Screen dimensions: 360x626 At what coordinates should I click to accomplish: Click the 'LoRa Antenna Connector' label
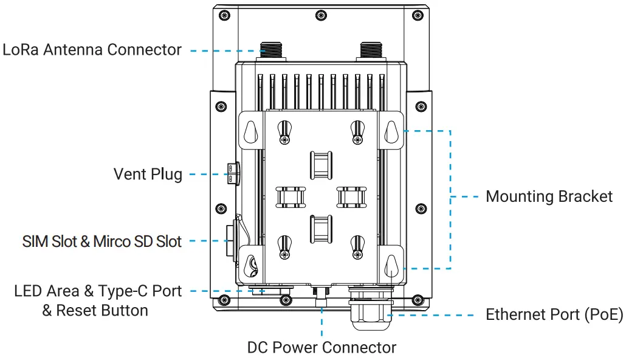point(92,50)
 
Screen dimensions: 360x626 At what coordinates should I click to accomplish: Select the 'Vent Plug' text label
point(148,175)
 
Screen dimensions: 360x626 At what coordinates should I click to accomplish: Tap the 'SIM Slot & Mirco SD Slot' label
point(102,241)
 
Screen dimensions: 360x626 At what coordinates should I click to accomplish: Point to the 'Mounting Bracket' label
point(549,196)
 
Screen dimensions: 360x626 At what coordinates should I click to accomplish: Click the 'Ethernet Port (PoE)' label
point(554,315)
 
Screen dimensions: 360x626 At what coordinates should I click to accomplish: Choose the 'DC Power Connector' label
point(322,348)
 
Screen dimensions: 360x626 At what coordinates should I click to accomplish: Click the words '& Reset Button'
point(95,311)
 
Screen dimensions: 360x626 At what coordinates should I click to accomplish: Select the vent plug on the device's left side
point(232,173)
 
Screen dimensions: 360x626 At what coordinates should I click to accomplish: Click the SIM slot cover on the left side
point(230,242)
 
